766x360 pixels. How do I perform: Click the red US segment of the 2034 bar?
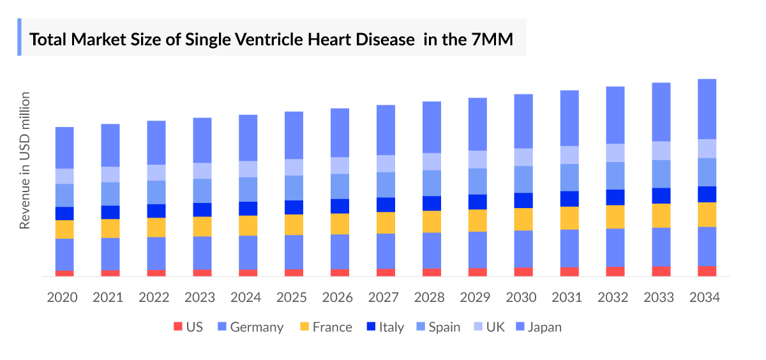pyautogui.click(x=707, y=271)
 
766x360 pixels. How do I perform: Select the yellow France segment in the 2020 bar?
pyautogui.click(x=64, y=229)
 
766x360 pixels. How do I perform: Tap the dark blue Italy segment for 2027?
pyautogui.click(x=386, y=204)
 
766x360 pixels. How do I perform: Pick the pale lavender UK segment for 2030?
pyautogui.click(x=523, y=157)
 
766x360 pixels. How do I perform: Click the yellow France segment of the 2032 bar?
pyautogui.click(x=615, y=216)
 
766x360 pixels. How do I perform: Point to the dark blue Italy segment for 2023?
pyautogui.click(x=202, y=209)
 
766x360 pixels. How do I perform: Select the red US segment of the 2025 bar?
pyautogui.click(x=294, y=273)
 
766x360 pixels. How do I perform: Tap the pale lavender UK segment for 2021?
pyautogui.click(x=110, y=174)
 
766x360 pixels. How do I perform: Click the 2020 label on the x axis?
pyautogui.click(x=63, y=297)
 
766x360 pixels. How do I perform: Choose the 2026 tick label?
pyautogui.click(x=338, y=297)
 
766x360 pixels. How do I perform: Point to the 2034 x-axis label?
pyautogui.click(x=705, y=297)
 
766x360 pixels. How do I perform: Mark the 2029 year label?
pyautogui.click(x=476, y=297)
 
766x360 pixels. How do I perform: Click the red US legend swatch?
pyautogui.click(x=177, y=327)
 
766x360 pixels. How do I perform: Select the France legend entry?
pyautogui.click(x=332, y=327)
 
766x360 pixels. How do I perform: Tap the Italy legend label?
pyautogui.click(x=391, y=327)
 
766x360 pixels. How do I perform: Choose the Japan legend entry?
pyautogui.click(x=544, y=327)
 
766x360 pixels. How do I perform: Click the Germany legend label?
pyautogui.click(x=257, y=327)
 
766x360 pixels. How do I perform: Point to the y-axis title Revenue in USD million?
pyautogui.click(x=25, y=161)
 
